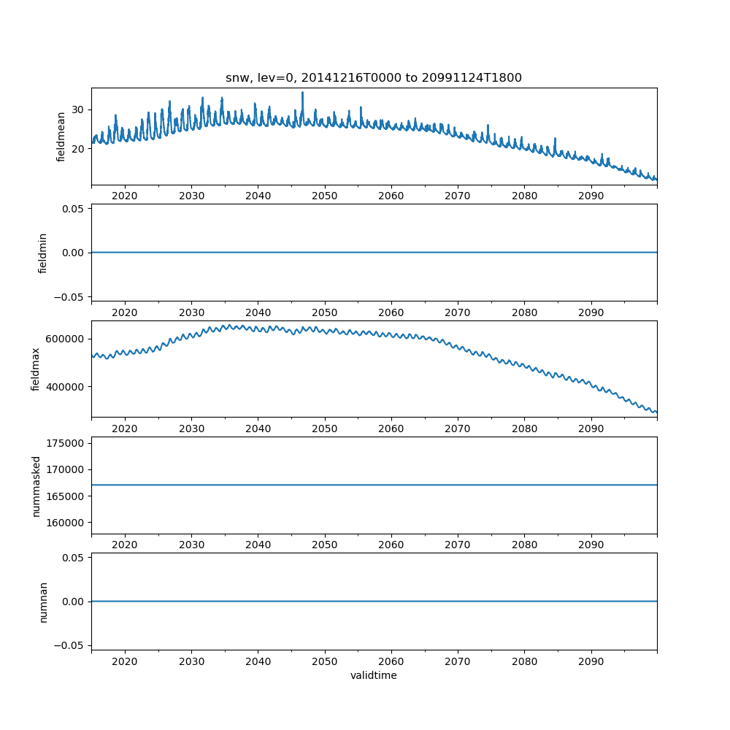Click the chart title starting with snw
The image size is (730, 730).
click(373, 78)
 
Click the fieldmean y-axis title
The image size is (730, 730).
click(61, 137)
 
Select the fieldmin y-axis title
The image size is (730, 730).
click(42, 253)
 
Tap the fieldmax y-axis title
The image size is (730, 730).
click(36, 369)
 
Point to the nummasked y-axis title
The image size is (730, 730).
click(36, 485)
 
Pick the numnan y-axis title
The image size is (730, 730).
click(42, 602)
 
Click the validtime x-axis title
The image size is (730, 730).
click(373, 675)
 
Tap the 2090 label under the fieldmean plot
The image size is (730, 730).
click(591, 196)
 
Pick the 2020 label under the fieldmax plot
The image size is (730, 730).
click(125, 429)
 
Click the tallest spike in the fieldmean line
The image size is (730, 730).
click(302, 93)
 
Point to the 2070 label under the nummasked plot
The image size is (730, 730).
click(458, 545)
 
